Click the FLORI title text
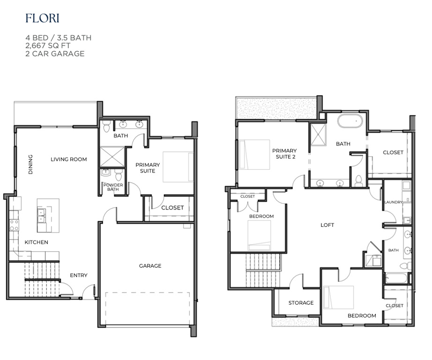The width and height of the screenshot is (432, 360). click(x=42, y=19)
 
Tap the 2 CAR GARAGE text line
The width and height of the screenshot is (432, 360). click(x=55, y=53)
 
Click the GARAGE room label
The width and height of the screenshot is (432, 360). click(x=150, y=266)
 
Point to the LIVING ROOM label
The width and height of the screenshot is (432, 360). click(x=69, y=159)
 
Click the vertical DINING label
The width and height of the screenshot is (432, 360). click(x=31, y=165)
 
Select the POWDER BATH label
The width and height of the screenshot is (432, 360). click(x=113, y=187)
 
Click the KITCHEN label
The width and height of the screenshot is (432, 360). click(x=37, y=242)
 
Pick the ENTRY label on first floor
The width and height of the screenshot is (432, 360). click(x=78, y=275)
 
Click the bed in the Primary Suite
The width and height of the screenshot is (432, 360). click(x=178, y=167)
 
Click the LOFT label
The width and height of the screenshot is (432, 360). click(x=327, y=225)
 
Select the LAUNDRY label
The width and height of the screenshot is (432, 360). click(x=393, y=202)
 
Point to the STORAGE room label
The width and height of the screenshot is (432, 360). click(x=301, y=303)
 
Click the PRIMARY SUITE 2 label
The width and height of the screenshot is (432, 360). click(x=284, y=154)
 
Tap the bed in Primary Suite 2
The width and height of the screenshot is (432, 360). click(x=254, y=154)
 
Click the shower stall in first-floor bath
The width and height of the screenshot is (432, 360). click(x=112, y=157)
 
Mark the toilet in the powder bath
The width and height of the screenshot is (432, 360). click(x=119, y=175)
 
